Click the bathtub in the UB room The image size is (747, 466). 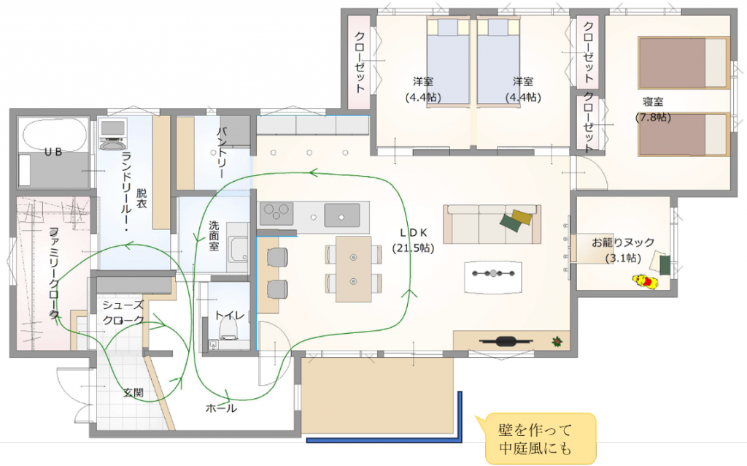(54, 134)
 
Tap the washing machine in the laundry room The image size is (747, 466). (113, 135)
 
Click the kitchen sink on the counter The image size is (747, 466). (342, 215)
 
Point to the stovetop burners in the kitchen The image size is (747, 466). (276, 213)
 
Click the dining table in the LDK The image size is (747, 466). (353, 269)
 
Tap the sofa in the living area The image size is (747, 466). (492, 225)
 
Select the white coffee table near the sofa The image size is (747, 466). (492, 277)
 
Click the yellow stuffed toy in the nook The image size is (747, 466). (646, 281)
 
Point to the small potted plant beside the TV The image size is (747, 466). (557, 342)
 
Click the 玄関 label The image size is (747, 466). (133, 392)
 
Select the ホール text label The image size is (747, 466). (221, 408)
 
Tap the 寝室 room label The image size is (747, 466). (653, 102)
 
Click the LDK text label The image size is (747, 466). (413, 233)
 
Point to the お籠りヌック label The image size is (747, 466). (623, 242)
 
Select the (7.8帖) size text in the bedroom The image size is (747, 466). (653, 118)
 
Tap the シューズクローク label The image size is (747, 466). (123, 313)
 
